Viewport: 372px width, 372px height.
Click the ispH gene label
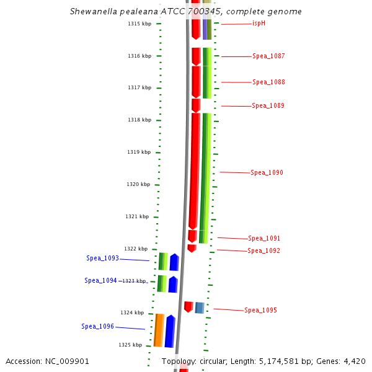tap(259, 24)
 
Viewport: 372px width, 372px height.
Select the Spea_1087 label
tap(268, 56)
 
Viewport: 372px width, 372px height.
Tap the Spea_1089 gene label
tap(268, 106)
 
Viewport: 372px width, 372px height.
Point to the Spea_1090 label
tap(267, 173)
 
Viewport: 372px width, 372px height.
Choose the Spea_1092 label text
tap(263, 251)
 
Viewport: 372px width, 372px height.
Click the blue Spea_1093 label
tap(102, 259)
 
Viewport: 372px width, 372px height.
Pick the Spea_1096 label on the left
tap(97, 327)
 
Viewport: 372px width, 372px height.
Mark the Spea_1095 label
tap(260, 311)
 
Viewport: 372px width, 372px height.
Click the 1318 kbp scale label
tap(139, 120)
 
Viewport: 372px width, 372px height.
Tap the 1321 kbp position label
tap(137, 217)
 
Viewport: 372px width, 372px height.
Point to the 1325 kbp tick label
tap(130, 345)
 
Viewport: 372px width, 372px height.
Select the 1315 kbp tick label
tap(139, 24)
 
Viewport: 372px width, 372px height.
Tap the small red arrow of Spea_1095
tap(188, 307)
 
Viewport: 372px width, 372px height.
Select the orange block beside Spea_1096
tap(159, 330)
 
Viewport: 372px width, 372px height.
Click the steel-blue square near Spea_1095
tap(200, 308)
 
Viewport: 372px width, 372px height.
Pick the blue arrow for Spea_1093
tap(174, 262)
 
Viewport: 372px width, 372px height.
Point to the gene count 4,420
tap(355, 361)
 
